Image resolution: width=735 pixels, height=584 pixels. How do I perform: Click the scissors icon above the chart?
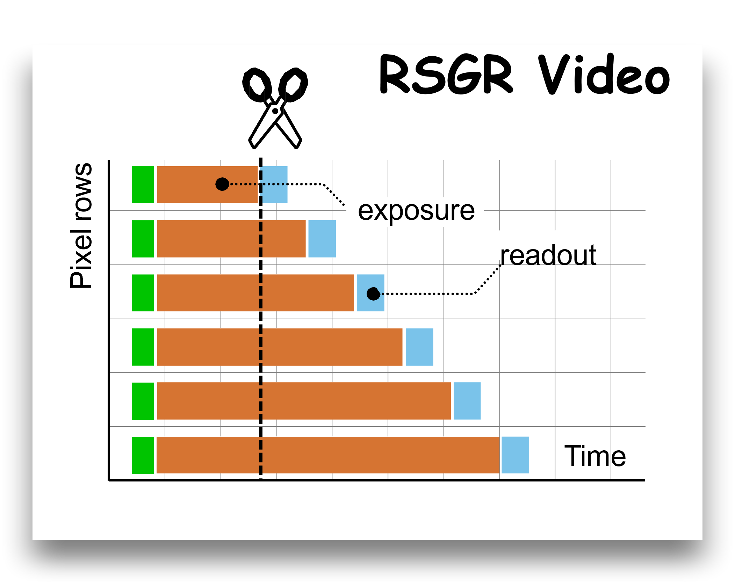point(275,108)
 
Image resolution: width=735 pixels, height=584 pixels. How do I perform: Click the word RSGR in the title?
point(446,75)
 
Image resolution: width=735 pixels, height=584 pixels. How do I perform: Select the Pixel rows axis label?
point(81,226)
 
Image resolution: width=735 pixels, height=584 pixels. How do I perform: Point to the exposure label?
point(416,211)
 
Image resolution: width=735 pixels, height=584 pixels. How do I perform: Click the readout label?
point(548,255)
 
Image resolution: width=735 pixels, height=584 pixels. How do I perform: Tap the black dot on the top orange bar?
point(222,184)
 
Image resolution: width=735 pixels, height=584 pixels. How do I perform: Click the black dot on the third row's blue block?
point(373,294)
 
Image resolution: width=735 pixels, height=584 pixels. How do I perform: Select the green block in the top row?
point(143,184)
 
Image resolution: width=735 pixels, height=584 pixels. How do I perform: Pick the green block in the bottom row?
point(143,455)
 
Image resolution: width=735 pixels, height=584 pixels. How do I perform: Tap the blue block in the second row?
point(322,239)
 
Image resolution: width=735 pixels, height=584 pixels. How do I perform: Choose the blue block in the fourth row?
point(419,347)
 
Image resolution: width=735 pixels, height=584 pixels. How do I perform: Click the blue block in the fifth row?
point(467,401)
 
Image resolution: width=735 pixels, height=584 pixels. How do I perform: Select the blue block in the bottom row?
point(515,455)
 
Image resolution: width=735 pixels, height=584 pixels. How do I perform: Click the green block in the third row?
point(143,293)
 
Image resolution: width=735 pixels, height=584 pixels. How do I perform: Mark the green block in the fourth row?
point(143,347)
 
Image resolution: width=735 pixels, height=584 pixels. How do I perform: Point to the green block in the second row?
point(143,239)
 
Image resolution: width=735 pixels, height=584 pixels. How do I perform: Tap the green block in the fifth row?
point(143,401)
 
